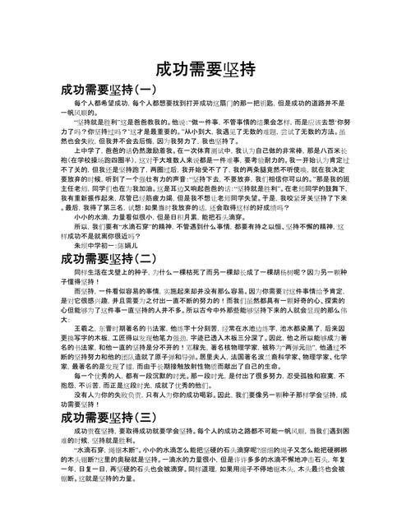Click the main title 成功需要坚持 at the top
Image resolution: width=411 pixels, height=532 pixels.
205,69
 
